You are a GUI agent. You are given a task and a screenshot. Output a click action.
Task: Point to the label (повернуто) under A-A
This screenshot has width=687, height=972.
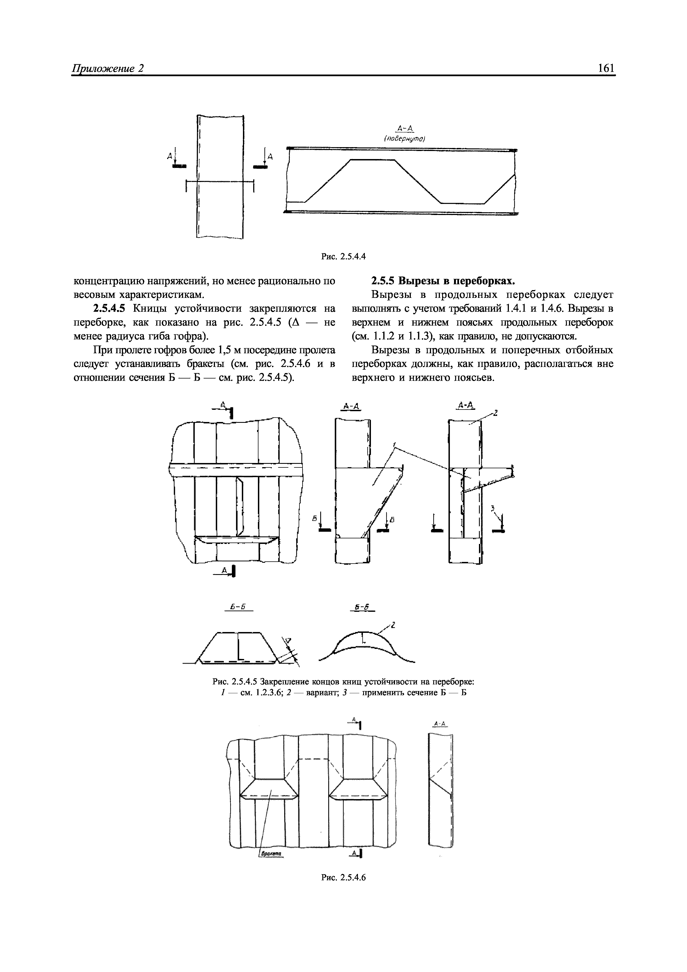pyautogui.click(x=404, y=139)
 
